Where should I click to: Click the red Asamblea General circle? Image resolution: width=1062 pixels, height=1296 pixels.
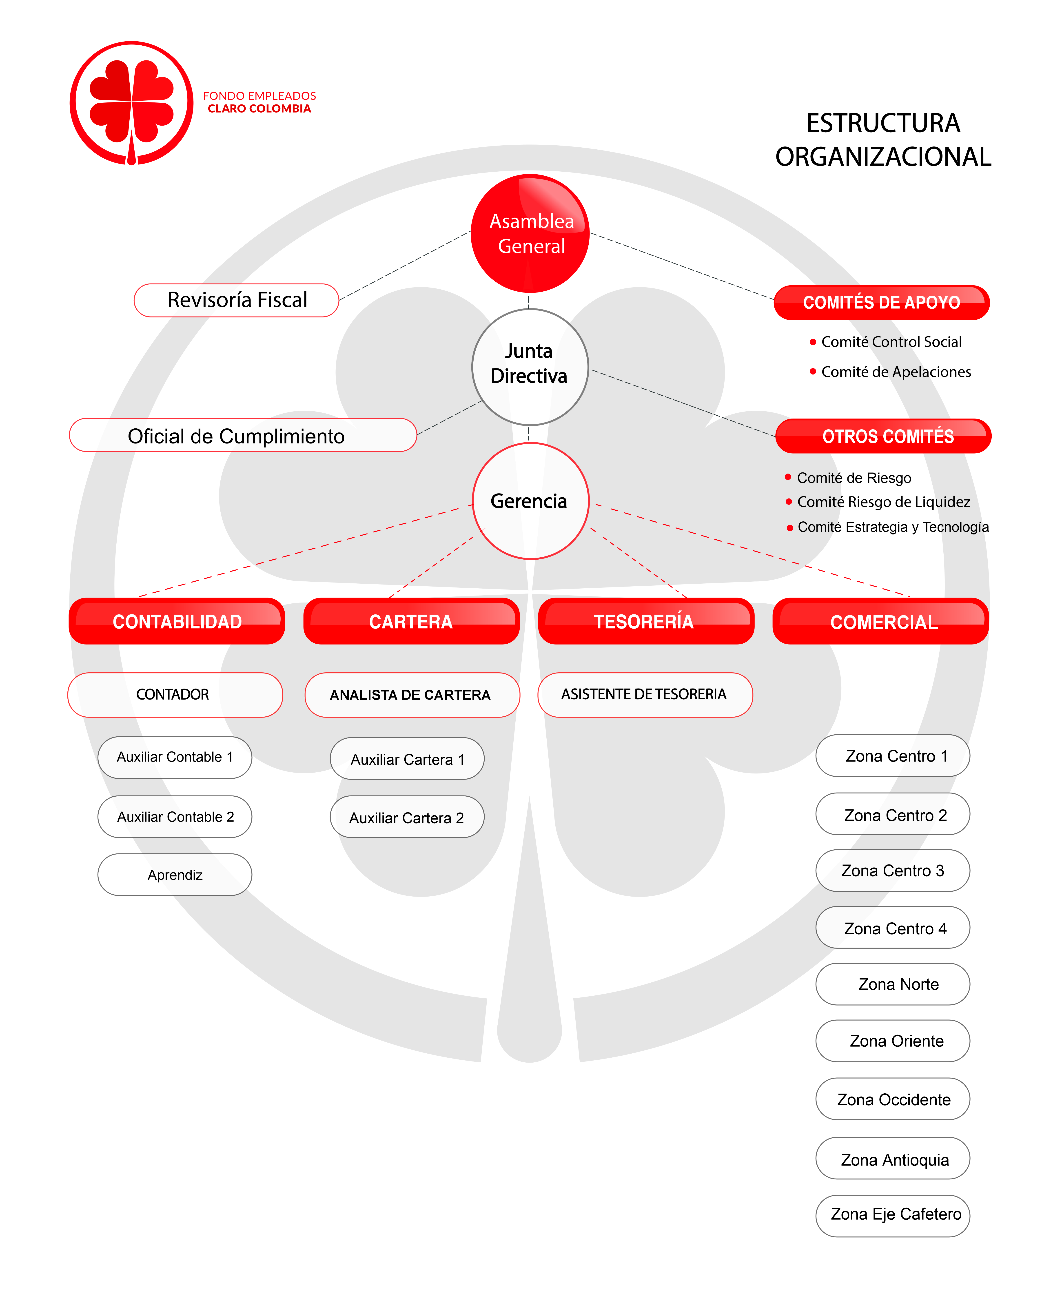[x=530, y=234]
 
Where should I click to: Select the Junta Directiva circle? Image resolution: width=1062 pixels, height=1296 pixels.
[x=530, y=367]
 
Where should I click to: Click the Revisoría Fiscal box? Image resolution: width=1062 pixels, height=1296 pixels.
[x=236, y=300]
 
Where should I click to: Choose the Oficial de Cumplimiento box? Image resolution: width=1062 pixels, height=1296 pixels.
[x=243, y=435]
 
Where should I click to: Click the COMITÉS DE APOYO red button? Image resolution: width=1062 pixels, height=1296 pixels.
[x=882, y=302]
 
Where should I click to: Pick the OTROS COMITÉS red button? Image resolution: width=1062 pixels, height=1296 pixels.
[x=883, y=436]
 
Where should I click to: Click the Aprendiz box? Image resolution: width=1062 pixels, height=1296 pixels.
[x=175, y=875]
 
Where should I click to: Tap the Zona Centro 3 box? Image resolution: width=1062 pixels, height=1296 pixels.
[x=893, y=870]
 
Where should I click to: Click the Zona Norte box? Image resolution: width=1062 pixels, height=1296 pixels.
[x=893, y=984]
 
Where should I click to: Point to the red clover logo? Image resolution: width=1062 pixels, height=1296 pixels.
[x=131, y=103]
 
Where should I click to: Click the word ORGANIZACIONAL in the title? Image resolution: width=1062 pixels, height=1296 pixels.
[x=883, y=157]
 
